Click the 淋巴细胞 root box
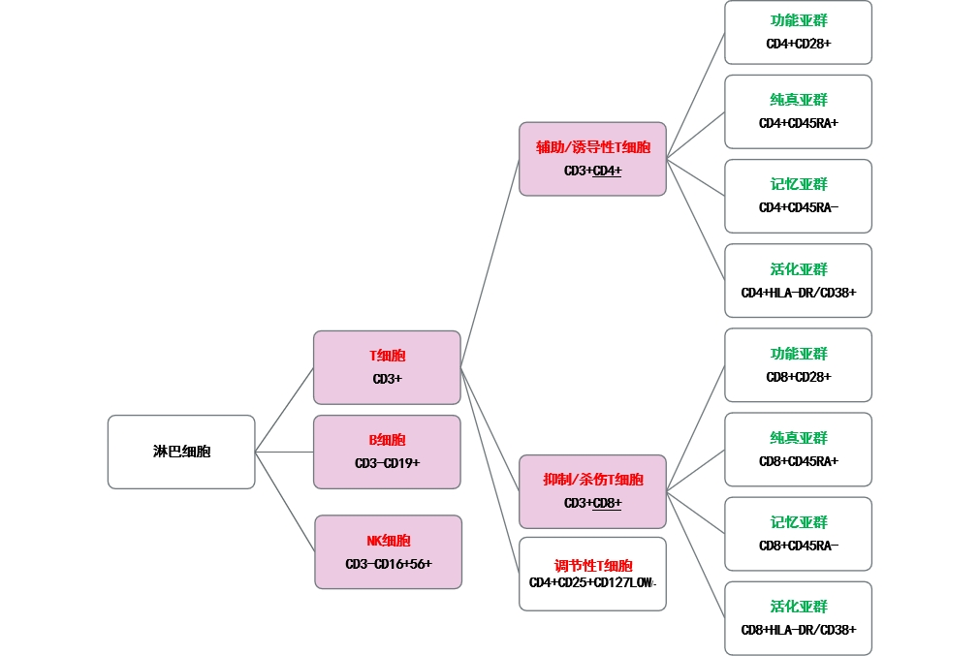181,452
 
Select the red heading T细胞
387,356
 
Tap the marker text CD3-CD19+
387,463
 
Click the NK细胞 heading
388,541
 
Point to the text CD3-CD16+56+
388,564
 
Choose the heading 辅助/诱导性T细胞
592,147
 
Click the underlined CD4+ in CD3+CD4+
607,171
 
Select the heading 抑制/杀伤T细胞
592,480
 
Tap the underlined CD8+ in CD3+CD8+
607,503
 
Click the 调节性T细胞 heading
592,565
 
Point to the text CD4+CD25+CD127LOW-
592,582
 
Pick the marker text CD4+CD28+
798,44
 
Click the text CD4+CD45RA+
798,123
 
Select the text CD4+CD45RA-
798,207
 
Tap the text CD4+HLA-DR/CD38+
798,293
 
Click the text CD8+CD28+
798,377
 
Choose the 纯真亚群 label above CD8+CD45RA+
798,438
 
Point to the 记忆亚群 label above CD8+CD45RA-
798,522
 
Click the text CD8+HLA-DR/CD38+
798,630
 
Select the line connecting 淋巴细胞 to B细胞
284,452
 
